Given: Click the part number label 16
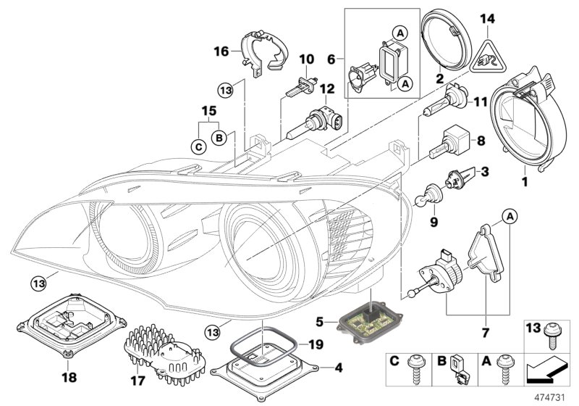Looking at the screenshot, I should [221, 51].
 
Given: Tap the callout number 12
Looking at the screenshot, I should [327, 88].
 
